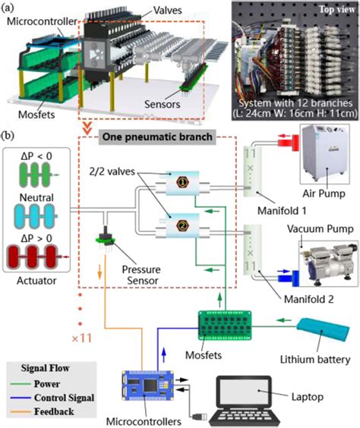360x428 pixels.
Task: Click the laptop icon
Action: [251, 397]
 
